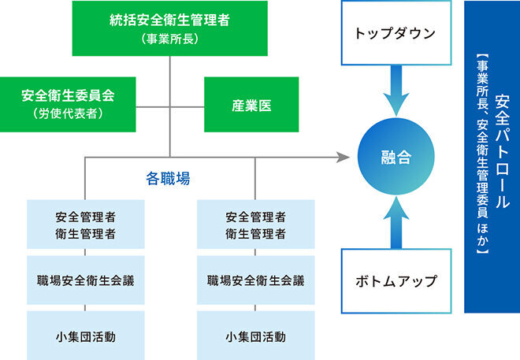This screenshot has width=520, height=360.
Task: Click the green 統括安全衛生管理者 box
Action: pos(170,28)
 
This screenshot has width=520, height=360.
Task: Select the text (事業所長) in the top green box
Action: pos(170,39)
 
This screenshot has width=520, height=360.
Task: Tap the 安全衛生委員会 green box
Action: pos(68,105)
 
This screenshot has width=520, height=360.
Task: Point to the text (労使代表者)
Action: pos(68,113)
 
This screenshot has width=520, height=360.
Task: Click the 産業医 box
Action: pos(251,105)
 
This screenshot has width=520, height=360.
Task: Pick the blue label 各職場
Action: pos(168,179)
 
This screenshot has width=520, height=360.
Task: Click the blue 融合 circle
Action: pos(396,157)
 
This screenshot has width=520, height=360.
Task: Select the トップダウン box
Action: pos(396,33)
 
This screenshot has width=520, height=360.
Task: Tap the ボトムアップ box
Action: pos(396,280)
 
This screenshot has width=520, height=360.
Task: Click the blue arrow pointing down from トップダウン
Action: pos(396,91)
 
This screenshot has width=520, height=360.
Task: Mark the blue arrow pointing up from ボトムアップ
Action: pos(396,222)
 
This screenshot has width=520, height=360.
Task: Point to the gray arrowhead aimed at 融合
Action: pos(343,157)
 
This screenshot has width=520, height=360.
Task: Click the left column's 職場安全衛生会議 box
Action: pos(86,280)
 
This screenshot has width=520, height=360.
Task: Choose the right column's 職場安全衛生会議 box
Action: pos(256,280)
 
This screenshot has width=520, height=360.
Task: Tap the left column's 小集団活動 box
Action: pos(86,336)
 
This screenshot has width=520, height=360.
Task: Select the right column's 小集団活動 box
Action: pos(256,336)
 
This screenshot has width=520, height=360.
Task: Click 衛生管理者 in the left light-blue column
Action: pos(86,234)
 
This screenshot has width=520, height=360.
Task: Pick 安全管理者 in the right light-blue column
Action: pos(256,217)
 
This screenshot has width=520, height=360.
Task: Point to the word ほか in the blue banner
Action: pos(482,235)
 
